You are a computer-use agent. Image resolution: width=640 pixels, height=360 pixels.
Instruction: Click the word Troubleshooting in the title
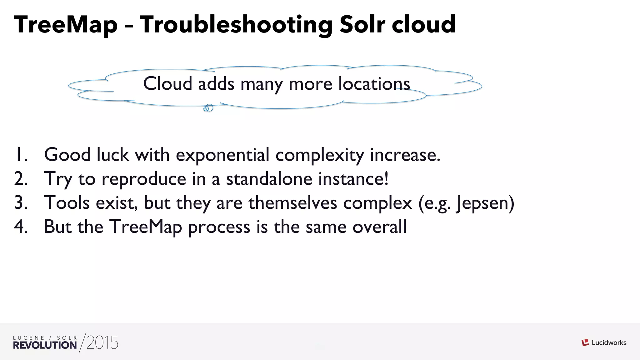(x=236, y=25)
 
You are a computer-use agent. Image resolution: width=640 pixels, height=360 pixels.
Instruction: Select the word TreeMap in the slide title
(x=66, y=25)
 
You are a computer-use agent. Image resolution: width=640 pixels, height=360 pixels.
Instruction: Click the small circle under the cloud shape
(x=209, y=108)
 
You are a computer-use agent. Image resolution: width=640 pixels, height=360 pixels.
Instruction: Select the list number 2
(x=21, y=179)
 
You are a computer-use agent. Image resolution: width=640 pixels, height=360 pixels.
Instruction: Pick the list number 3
(x=21, y=203)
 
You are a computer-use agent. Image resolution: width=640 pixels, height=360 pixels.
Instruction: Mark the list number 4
(x=21, y=227)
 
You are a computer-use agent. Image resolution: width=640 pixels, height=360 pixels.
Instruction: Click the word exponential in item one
(x=222, y=155)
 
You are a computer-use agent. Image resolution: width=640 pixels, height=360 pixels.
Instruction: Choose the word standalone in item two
(x=269, y=179)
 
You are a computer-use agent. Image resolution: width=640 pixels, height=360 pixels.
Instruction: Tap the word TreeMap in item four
(x=146, y=227)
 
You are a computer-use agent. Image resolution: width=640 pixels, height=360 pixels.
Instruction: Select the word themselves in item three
(x=293, y=203)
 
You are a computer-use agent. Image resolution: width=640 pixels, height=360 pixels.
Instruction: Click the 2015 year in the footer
(x=102, y=343)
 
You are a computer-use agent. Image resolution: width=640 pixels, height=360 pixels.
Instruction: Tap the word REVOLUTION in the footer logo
(x=45, y=345)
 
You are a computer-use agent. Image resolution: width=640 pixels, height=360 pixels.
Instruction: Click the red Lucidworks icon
(x=585, y=343)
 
